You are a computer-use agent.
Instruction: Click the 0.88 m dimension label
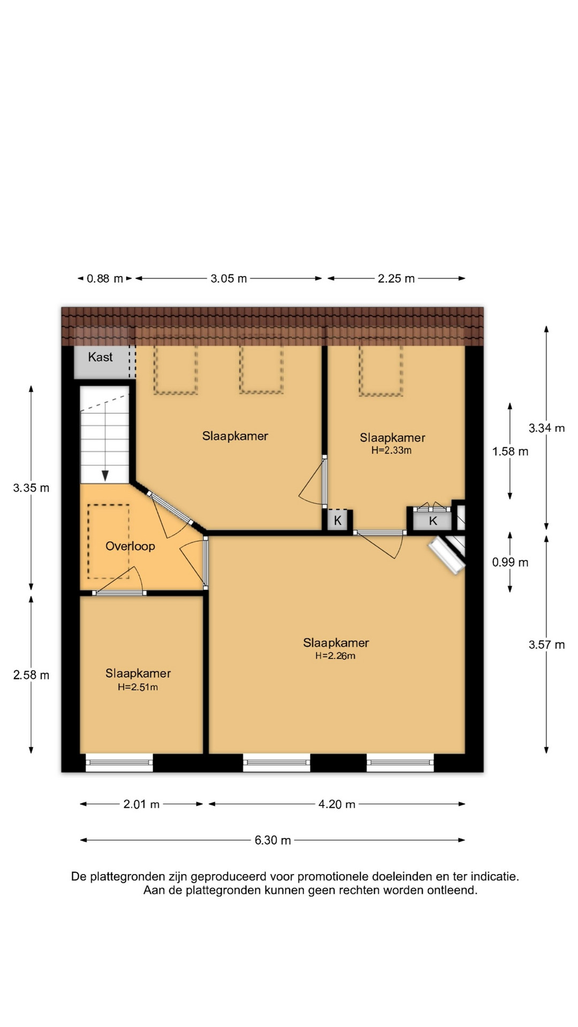tap(105, 279)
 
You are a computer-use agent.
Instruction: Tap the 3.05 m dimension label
tap(229, 279)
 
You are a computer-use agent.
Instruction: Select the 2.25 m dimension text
tap(396, 279)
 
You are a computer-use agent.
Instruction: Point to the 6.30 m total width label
tap(272, 840)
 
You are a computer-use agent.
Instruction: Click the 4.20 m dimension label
tap(337, 804)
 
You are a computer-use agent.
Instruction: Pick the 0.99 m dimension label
tap(510, 562)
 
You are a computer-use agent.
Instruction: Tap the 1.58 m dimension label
tap(510, 451)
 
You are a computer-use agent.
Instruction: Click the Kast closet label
tap(100, 357)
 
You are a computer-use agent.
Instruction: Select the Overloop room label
tap(130, 546)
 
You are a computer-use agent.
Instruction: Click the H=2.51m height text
tap(138, 687)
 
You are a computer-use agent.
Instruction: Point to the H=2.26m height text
tap(335, 656)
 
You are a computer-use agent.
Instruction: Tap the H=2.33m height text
tap(391, 450)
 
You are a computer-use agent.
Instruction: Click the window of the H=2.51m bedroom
tap(119, 762)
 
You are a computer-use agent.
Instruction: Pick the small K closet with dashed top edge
tap(338, 520)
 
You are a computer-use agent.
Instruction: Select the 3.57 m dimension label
tap(546, 645)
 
